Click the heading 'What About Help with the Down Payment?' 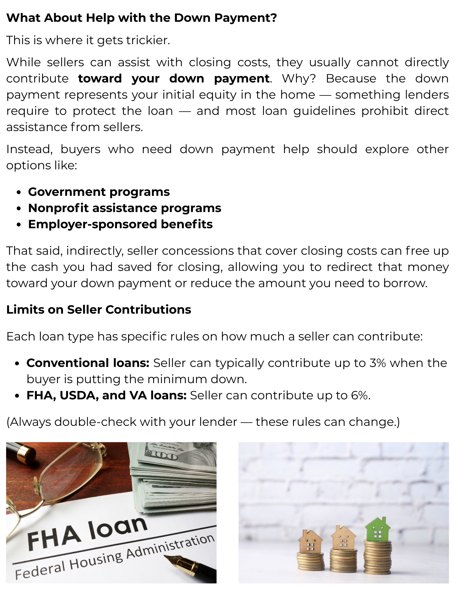(x=141, y=18)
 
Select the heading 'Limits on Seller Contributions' (x=99, y=310)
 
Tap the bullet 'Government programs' (x=99, y=192)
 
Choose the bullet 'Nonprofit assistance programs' (x=125, y=208)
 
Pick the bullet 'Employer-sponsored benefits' (x=120, y=224)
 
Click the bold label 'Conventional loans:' (x=88, y=363)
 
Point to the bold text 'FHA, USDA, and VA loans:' (x=107, y=396)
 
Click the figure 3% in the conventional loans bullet (x=378, y=363)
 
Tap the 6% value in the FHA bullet (x=359, y=396)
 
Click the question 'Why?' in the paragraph (x=299, y=79)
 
